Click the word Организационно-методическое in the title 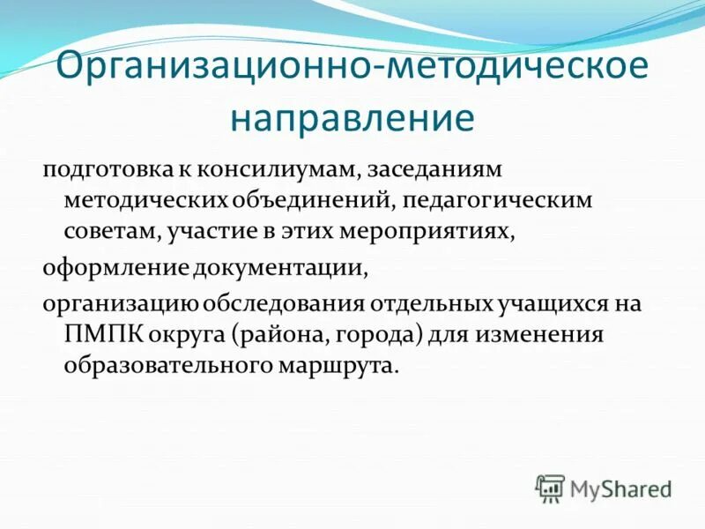352,69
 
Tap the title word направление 352,117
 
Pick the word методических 145,200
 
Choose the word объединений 311,200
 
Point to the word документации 278,266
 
